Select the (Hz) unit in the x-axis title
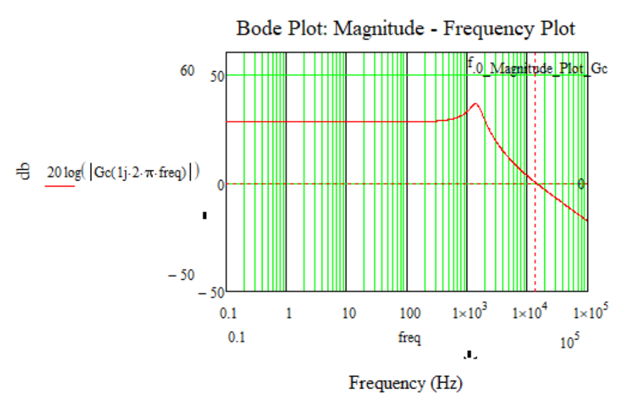coord(446,383)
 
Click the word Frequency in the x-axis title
coord(387,383)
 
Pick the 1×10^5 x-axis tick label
coord(589,314)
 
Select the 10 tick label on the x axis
coord(348,314)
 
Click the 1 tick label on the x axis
coord(289,314)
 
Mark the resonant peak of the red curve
coord(475,103)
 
